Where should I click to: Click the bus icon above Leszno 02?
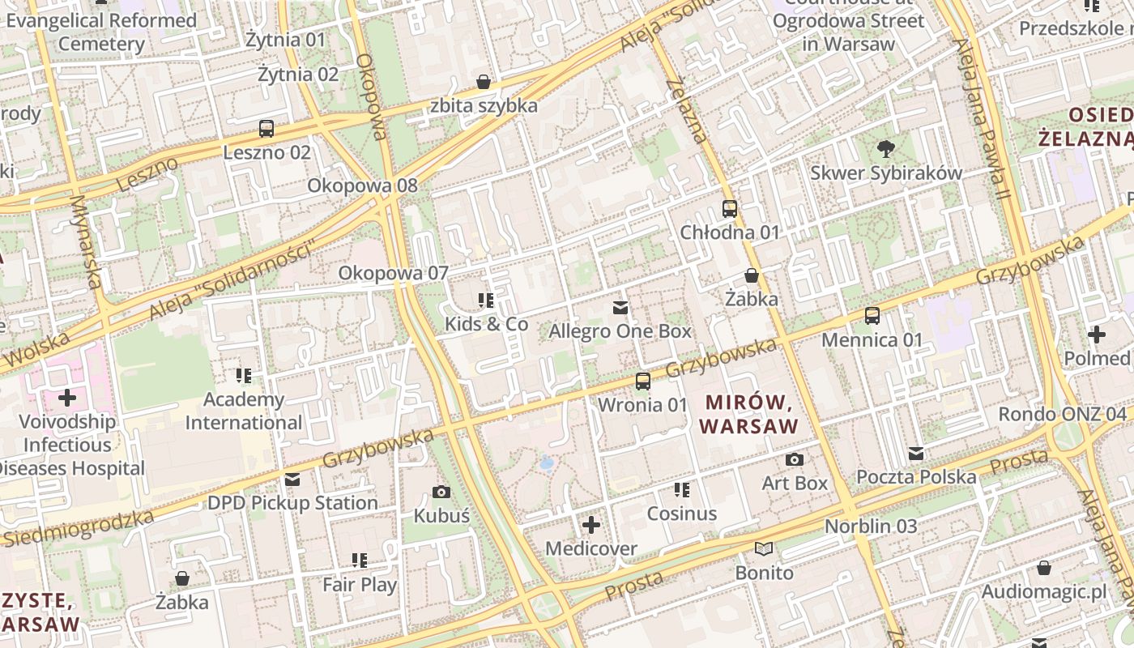(266, 128)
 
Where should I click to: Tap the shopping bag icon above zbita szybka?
(484, 82)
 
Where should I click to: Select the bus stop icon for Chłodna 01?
(730, 209)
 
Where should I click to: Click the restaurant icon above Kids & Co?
(486, 301)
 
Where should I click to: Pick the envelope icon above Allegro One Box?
(620, 308)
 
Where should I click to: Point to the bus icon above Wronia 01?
(643, 381)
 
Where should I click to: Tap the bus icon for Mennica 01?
(872, 316)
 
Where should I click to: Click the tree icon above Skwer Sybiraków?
(886, 149)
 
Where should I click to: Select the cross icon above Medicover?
(591, 525)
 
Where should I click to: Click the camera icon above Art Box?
(795, 460)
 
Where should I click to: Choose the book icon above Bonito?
(764, 548)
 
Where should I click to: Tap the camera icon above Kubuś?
(441, 492)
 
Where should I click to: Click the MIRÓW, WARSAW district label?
(749, 413)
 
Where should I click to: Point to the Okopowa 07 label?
(393, 273)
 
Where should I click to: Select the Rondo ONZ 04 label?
(1063, 415)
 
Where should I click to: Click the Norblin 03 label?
(871, 526)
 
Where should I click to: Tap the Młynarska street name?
(85, 242)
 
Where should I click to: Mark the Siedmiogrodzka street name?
(77, 527)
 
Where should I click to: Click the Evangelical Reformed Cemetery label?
(101, 32)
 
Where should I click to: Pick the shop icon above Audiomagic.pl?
(1044, 568)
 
